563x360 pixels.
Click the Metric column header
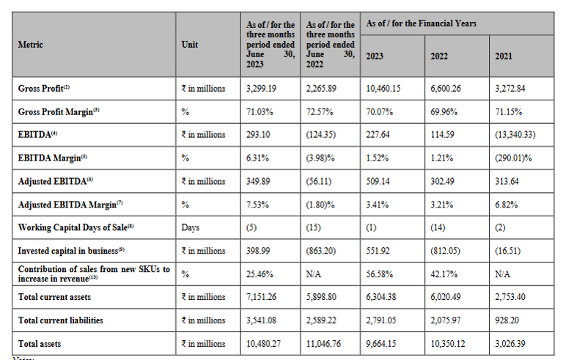[x=31, y=45]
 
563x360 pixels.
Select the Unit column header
[x=189, y=45]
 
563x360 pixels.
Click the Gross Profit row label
[x=44, y=88]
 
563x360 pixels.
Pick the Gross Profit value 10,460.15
[x=384, y=88]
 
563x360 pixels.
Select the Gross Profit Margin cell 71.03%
[x=258, y=111]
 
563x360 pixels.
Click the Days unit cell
[x=190, y=227]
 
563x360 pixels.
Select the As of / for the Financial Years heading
[x=421, y=23]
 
